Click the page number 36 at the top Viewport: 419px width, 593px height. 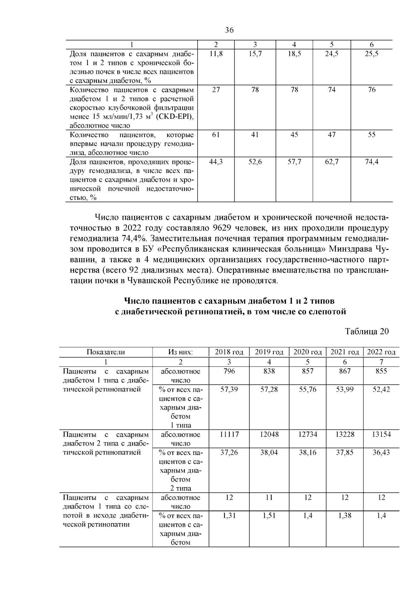click(229, 30)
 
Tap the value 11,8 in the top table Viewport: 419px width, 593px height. click(216, 54)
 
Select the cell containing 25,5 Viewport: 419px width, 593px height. click(372, 54)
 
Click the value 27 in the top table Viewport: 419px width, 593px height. click(216, 90)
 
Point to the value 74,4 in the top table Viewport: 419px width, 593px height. click(372, 162)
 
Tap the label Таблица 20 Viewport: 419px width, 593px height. click(367, 331)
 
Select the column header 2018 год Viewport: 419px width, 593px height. click(229, 352)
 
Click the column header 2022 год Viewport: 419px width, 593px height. click(381, 352)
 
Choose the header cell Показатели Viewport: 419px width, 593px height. click(106, 352)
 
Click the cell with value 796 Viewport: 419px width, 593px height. click(229, 371)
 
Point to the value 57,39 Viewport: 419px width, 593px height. click(229, 389)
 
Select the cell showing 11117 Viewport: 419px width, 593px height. click(229, 434)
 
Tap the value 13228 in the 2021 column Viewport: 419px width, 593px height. click(345, 434)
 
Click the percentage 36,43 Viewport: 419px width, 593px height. click(381, 453)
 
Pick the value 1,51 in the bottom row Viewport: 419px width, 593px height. click(269, 515)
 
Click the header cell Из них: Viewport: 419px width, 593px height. click(181, 352)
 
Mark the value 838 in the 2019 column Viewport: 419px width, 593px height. click(269, 371)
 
